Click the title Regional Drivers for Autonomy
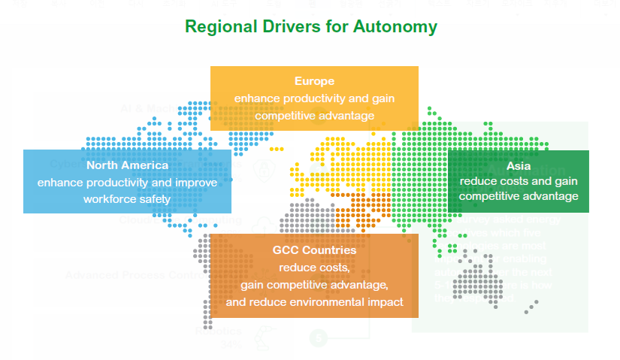[x=310, y=27]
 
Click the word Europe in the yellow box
[x=314, y=80]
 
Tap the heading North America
[x=127, y=165]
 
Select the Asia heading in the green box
[x=519, y=165]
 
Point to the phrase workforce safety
[x=127, y=199]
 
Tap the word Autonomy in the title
[x=400, y=27]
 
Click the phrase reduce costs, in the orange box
[x=314, y=267]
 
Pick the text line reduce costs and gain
[x=519, y=181]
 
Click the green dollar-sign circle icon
[x=319, y=337]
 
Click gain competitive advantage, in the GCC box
[x=314, y=284]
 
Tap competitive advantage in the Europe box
[x=314, y=115]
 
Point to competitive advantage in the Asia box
[x=519, y=197]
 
